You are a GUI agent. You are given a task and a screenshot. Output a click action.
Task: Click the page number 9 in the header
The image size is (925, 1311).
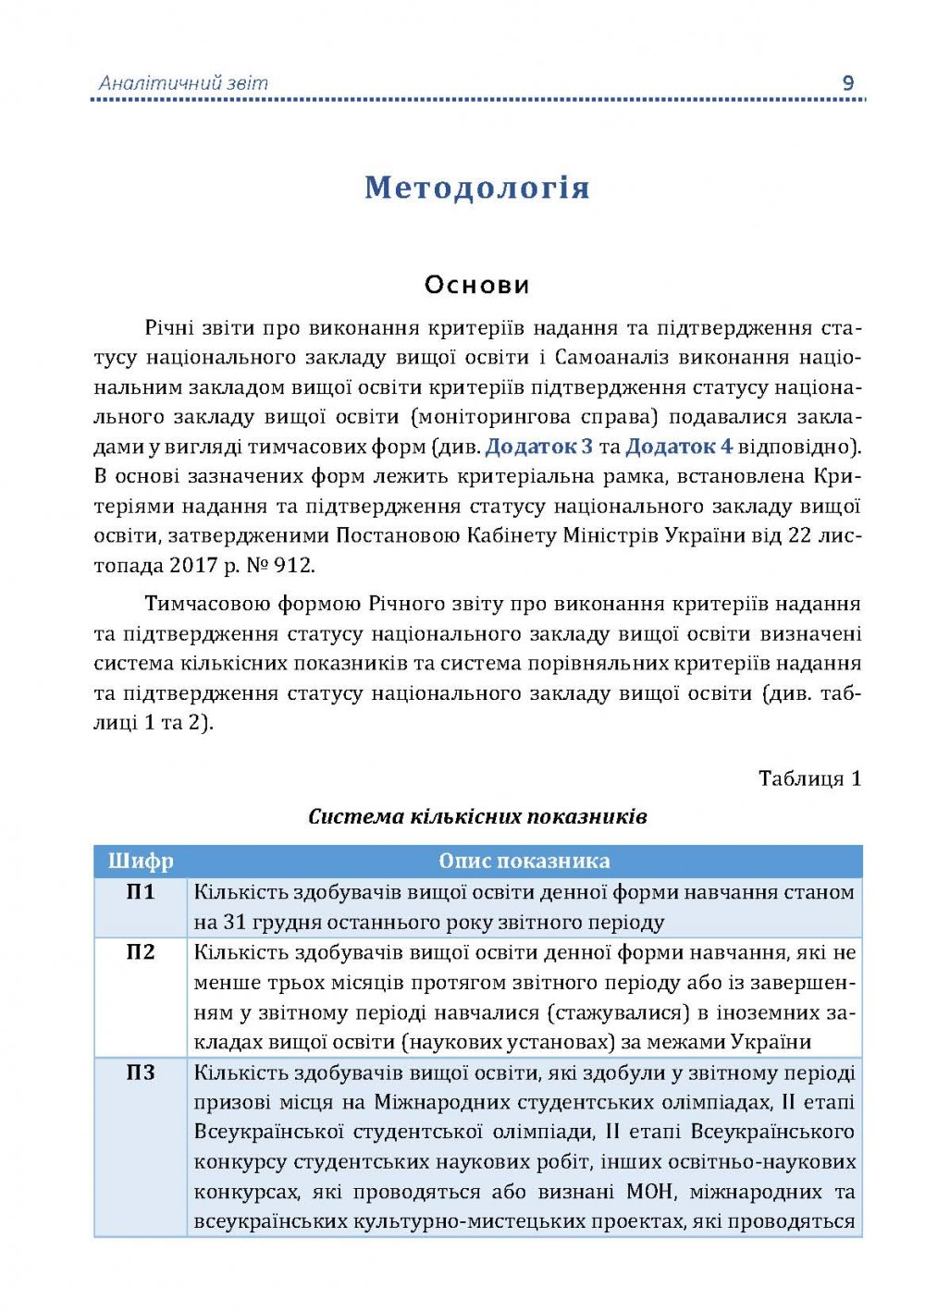click(x=847, y=83)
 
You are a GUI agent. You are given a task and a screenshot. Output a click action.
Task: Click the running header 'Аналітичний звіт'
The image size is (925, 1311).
click(x=183, y=83)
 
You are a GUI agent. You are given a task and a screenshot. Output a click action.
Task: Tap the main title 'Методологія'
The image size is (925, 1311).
click(x=476, y=188)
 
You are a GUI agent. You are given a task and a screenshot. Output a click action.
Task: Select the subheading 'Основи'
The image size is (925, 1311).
click(x=476, y=285)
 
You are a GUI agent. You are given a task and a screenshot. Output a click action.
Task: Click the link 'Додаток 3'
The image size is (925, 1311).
click(x=538, y=447)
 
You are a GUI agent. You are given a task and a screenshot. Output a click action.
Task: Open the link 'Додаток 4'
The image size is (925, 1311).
click(x=679, y=447)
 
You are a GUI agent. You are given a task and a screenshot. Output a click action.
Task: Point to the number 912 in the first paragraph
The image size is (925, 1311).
click(x=294, y=565)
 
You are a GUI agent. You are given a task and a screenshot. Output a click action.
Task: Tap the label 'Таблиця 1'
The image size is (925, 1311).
click(x=809, y=778)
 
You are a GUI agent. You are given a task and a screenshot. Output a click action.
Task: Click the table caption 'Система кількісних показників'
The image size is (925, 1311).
click(x=476, y=816)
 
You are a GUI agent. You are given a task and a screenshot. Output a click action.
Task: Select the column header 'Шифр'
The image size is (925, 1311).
click(x=141, y=862)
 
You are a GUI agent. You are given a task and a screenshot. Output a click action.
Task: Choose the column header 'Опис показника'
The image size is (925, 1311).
click(x=524, y=862)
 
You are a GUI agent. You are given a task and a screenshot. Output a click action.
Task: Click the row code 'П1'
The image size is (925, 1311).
click(x=141, y=892)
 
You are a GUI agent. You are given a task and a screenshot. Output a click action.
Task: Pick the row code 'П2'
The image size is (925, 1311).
click(x=141, y=952)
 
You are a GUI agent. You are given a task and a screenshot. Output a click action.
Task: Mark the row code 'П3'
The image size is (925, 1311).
click(x=141, y=1073)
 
